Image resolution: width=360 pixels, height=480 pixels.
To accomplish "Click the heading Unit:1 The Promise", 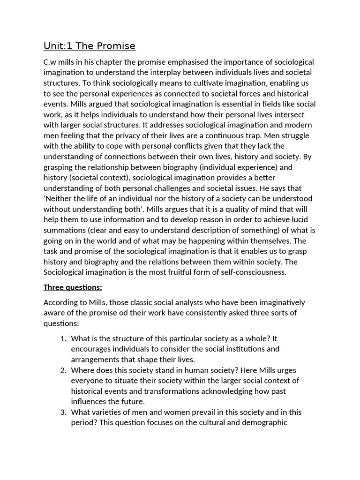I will [x=90, y=46].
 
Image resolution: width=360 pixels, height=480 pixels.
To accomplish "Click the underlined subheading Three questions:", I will [x=73, y=287].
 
